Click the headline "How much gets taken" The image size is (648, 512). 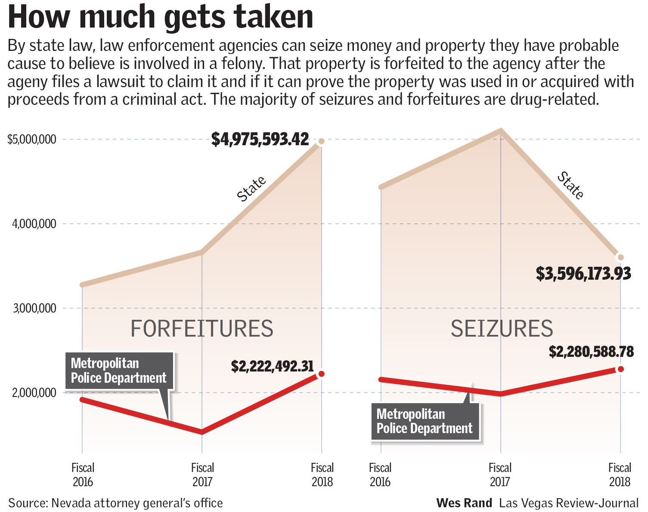click(160, 17)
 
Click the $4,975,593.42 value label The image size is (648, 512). click(260, 139)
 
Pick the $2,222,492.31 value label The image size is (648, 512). click(272, 366)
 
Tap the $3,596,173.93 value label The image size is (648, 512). click(583, 274)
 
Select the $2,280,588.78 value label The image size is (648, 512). click(591, 352)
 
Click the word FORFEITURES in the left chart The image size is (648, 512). click(202, 329)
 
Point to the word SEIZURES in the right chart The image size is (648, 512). click(502, 329)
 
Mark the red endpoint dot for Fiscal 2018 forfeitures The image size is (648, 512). click(321, 374)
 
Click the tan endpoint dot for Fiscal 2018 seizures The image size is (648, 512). click(620, 257)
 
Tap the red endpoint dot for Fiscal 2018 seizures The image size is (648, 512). click(620, 369)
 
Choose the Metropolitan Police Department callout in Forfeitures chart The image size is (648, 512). click(118, 371)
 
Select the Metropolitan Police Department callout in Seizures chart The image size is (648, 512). click(425, 421)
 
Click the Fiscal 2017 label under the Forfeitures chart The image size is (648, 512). click(202, 475)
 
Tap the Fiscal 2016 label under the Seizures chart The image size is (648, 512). click(380, 475)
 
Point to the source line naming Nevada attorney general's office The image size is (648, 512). click(115, 503)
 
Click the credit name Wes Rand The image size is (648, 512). click(464, 503)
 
